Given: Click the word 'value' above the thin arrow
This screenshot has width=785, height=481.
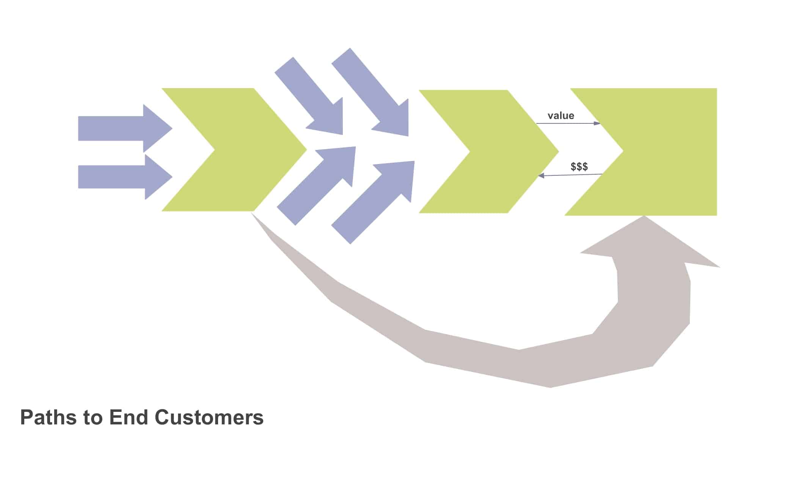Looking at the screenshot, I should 560,116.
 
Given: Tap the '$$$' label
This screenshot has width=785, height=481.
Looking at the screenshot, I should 579,167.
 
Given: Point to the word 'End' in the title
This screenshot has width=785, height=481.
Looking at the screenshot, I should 128,418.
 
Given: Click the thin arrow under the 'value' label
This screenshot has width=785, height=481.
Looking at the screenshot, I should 568,123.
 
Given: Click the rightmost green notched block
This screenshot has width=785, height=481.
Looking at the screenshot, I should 667,152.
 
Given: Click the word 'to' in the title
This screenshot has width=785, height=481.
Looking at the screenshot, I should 93,418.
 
